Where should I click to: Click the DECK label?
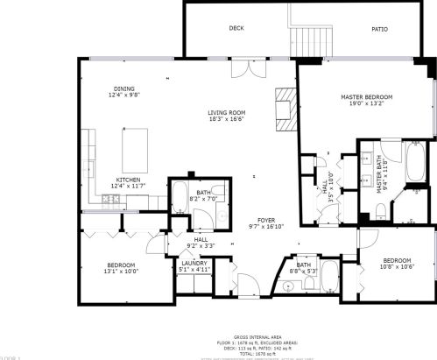pyautogui.click(x=236, y=28)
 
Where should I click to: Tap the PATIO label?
pyautogui.click(x=379, y=29)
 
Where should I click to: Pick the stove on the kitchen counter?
pyautogui.click(x=111, y=201)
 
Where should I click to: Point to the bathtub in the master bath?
pyautogui.click(x=415, y=165)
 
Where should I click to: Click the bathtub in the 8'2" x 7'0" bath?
pyautogui.click(x=180, y=200)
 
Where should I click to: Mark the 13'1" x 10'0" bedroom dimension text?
pyautogui.click(x=121, y=272)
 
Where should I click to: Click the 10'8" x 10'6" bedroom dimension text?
pyautogui.click(x=396, y=267)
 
